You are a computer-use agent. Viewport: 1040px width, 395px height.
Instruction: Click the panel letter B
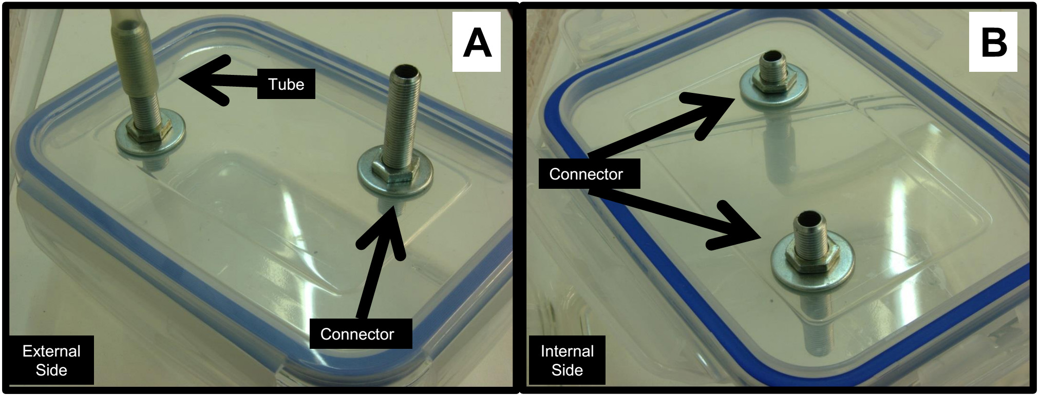coord(993,42)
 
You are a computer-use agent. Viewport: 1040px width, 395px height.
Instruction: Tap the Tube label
coord(286,84)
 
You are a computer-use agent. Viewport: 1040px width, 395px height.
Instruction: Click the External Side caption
coord(51,360)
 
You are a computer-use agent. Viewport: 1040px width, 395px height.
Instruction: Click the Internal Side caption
coord(567,360)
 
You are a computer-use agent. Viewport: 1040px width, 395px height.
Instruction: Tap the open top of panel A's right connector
coord(406,70)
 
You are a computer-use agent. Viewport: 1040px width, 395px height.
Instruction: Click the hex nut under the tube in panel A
coord(145,134)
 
